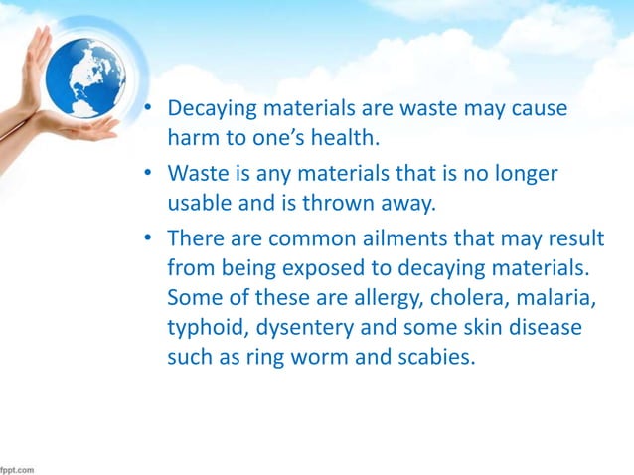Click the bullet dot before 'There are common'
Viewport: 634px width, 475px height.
146,240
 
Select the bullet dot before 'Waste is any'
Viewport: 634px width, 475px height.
146,175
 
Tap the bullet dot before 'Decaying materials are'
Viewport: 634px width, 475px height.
146,107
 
